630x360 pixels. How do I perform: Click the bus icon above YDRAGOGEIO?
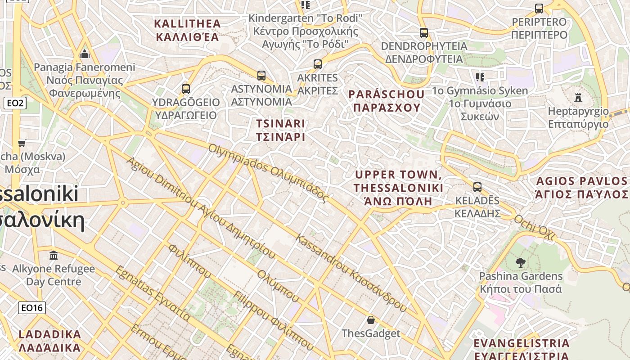click(x=186, y=89)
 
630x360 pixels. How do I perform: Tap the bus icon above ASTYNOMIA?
click(x=261, y=75)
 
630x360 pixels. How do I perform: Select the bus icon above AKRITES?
click(x=318, y=64)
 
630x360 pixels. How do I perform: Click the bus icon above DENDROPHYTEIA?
click(x=423, y=33)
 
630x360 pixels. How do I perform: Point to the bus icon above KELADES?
click(x=477, y=187)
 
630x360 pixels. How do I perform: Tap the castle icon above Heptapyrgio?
click(x=578, y=97)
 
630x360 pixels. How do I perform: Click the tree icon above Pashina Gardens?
click(x=521, y=262)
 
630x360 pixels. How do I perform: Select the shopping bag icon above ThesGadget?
click(x=371, y=320)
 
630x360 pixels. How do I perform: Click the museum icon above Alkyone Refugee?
click(x=54, y=255)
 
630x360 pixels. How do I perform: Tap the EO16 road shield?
click(x=32, y=308)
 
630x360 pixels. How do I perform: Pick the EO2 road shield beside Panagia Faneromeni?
click(x=15, y=103)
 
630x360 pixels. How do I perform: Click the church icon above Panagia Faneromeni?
click(x=85, y=54)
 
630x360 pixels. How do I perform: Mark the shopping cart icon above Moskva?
click(x=22, y=144)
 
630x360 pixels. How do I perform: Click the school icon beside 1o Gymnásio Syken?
click(x=480, y=77)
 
